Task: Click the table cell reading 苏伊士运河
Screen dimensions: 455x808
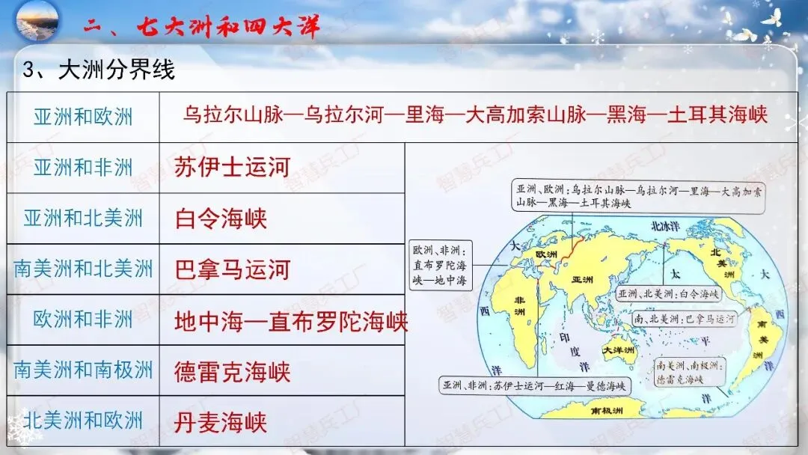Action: (231, 167)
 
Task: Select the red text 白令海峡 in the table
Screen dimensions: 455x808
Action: (220, 219)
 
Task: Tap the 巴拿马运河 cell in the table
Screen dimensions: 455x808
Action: (231, 269)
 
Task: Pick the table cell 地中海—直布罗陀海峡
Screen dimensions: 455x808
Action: (291, 321)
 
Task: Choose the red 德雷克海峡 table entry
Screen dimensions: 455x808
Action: (232, 372)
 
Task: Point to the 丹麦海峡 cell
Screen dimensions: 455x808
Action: (220, 422)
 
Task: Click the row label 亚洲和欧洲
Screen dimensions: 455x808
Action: (83, 117)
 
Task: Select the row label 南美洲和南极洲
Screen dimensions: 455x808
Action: (83, 370)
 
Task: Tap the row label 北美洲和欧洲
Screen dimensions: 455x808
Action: (83, 421)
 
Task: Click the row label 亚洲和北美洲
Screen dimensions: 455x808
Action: (83, 219)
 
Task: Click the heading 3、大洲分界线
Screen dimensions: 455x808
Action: (99, 70)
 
